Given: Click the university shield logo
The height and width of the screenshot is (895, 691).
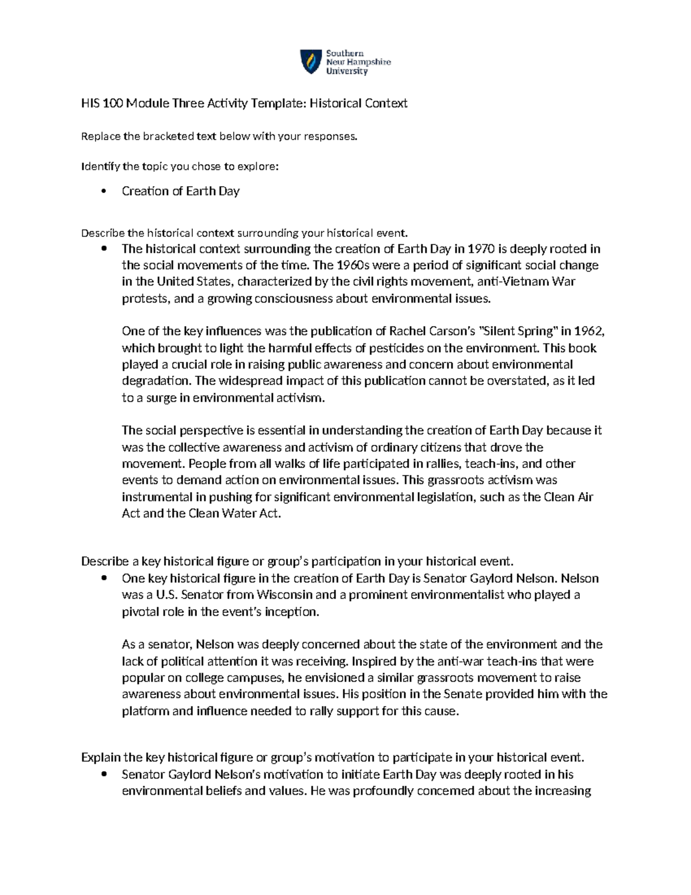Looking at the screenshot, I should (x=311, y=62).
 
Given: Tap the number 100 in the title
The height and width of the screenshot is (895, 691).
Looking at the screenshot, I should (x=113, y=103).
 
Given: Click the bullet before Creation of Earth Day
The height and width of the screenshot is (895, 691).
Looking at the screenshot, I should (x=104, y=191).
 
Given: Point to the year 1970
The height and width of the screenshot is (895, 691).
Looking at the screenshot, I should (x=481, y=249).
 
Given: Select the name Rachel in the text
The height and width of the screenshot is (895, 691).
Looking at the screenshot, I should (x=408, y=331).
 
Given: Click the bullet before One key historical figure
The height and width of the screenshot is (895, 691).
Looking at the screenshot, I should (x=104, y=579).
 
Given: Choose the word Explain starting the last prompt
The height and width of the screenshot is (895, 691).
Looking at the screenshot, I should (x=101, y=757).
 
